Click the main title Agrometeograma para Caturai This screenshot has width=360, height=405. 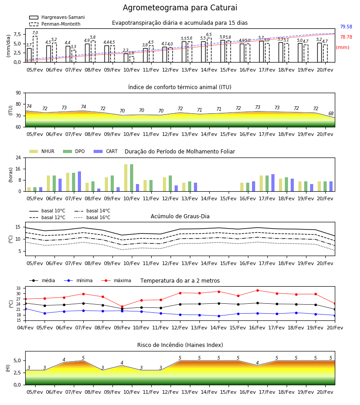pos(180,8)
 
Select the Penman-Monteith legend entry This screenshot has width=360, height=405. pos(55,24)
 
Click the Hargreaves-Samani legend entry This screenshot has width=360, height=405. pos(57,17)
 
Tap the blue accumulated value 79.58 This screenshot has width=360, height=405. pos(346,27)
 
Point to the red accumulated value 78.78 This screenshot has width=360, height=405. pos(346,37)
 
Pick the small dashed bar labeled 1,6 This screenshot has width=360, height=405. pos(132,59)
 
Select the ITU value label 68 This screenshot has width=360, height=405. pos(331,113)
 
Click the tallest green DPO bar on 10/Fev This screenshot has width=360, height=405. pos(132,178)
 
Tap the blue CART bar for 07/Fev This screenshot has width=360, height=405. pos(79,181)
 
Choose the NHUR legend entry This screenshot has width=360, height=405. pos(42,151)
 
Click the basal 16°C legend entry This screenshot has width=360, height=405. pos(92,217)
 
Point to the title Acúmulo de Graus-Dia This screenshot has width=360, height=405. pos(180,216)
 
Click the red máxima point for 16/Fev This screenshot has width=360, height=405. pos(257,290)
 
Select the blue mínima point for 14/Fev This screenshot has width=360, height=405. pos(219,316)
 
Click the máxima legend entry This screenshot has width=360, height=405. pos(116,280)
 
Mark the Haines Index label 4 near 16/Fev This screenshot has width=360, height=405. pos(257,363)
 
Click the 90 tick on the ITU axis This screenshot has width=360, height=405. pos(18,93)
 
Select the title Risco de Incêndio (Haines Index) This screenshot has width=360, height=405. pos(180,345)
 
